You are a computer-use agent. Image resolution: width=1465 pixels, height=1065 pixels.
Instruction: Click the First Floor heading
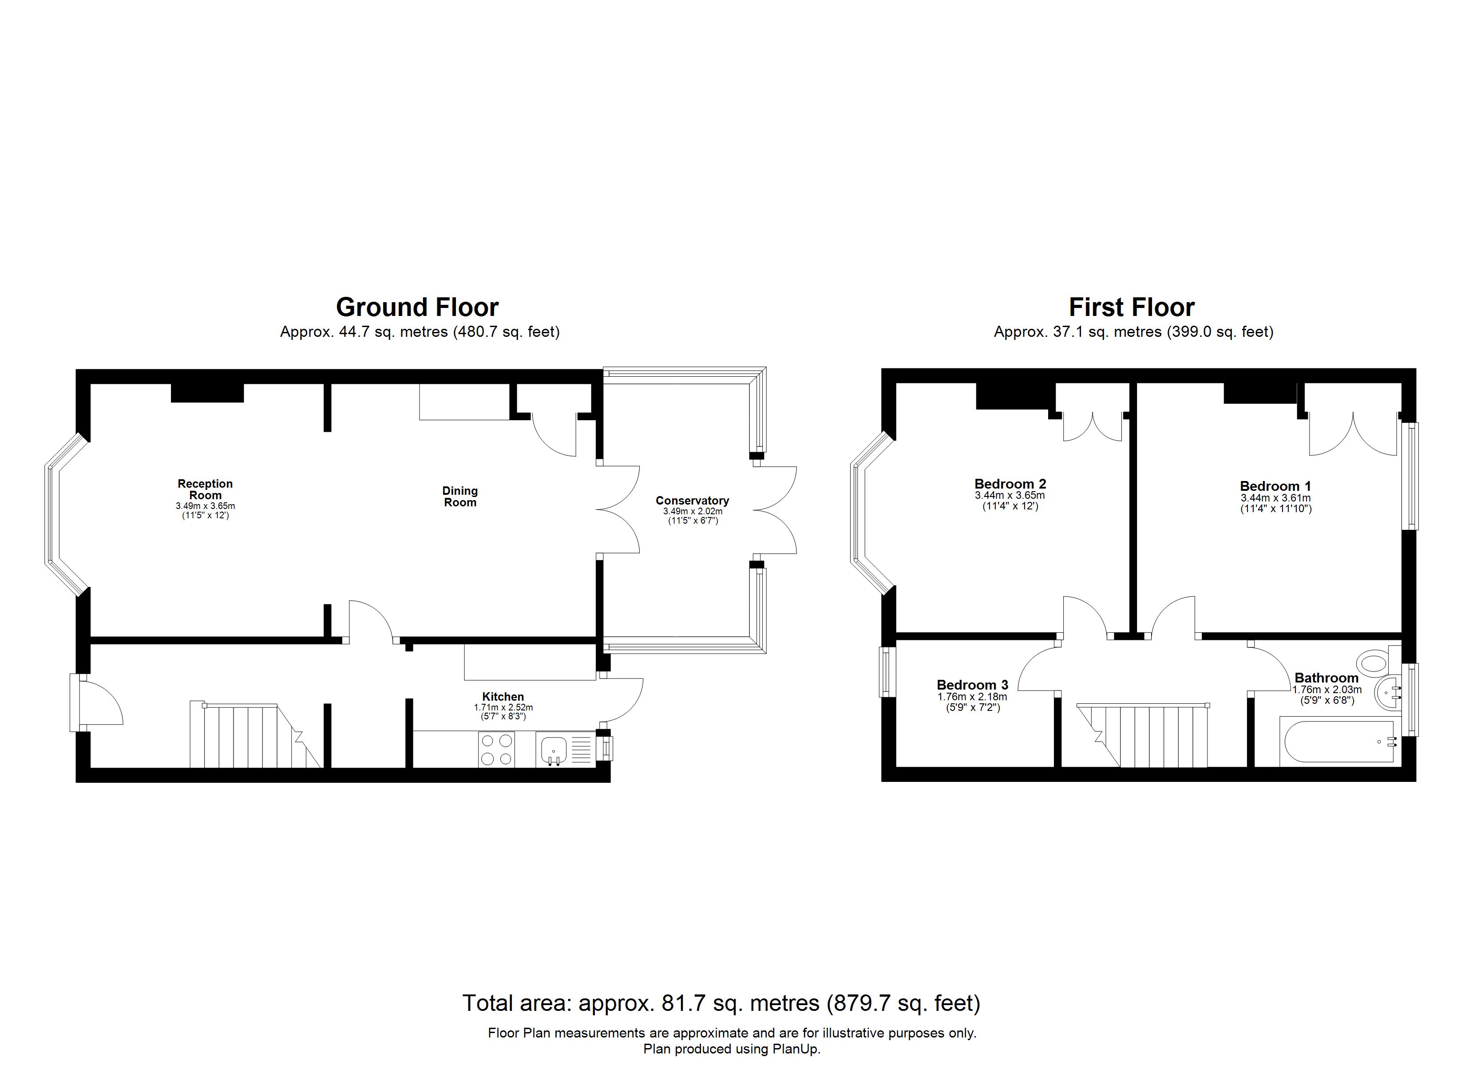click(1131, 308)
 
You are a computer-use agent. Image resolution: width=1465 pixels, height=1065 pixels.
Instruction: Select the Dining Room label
click(460, 497)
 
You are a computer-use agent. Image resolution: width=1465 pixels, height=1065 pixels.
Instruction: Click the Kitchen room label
click(503, 697)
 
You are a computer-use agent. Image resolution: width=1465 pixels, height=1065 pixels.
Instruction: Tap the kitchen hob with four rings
click(496, 750)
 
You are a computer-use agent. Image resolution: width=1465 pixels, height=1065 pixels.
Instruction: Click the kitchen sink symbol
click(552, 750)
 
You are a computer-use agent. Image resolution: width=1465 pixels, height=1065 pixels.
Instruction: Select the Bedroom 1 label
click(1275, 486)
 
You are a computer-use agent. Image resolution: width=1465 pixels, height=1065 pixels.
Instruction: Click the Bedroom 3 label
click(972, 685)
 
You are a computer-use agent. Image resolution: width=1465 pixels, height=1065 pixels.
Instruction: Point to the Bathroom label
click(1326, 678)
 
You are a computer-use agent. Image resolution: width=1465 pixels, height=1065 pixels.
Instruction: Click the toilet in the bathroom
click(1373, 663)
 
